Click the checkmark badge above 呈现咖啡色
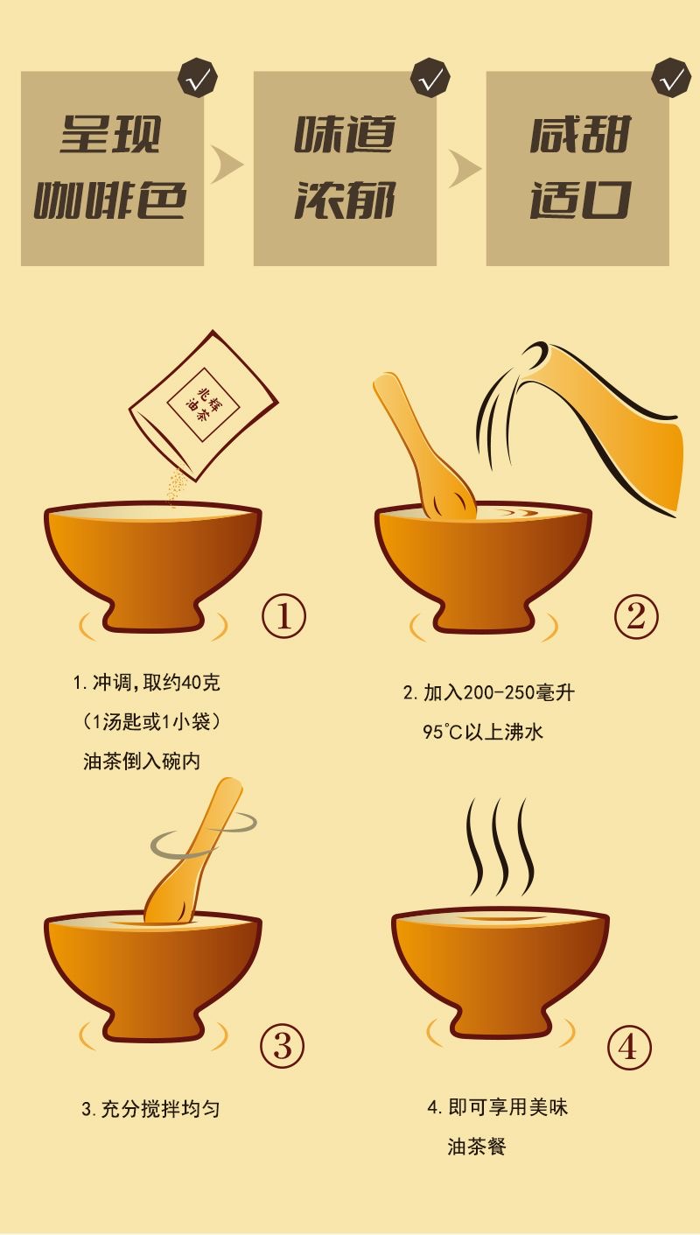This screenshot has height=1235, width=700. pos(198,78)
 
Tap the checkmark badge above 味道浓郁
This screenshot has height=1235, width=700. pos(430,78)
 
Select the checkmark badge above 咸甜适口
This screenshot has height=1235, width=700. pos(671,78)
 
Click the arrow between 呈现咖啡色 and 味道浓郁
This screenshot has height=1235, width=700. pos(226,165)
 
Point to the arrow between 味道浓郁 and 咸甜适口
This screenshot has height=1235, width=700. pos(464,167)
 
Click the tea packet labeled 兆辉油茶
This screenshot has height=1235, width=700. pos(204,404)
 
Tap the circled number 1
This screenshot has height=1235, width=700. pos(283,616)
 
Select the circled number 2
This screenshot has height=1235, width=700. pos(636,616)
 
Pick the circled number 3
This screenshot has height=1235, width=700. pos(283,1045)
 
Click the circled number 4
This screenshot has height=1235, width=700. pos(629,1047)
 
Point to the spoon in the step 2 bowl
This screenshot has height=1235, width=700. pos(424,446)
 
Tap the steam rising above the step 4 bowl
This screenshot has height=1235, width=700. pos(500,847)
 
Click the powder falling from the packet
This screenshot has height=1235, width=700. pos(178,487)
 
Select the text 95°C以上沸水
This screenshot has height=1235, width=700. pos(483,732)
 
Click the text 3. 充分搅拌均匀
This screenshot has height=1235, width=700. pos(150,1109)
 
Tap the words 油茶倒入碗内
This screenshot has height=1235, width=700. pos(142,761)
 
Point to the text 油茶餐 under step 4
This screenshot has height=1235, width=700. pos(477,1147)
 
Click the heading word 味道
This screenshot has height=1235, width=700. pos(345,134)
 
